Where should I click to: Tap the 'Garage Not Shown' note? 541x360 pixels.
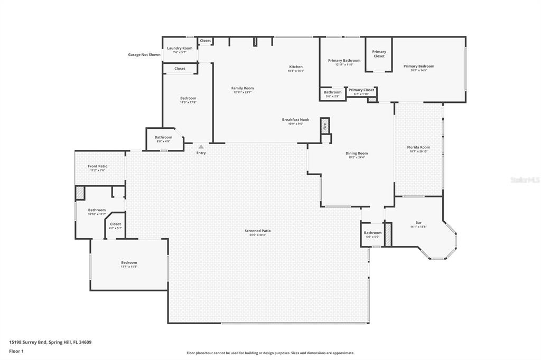tap(144, 54)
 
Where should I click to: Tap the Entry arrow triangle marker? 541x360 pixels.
tap(201, 147)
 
